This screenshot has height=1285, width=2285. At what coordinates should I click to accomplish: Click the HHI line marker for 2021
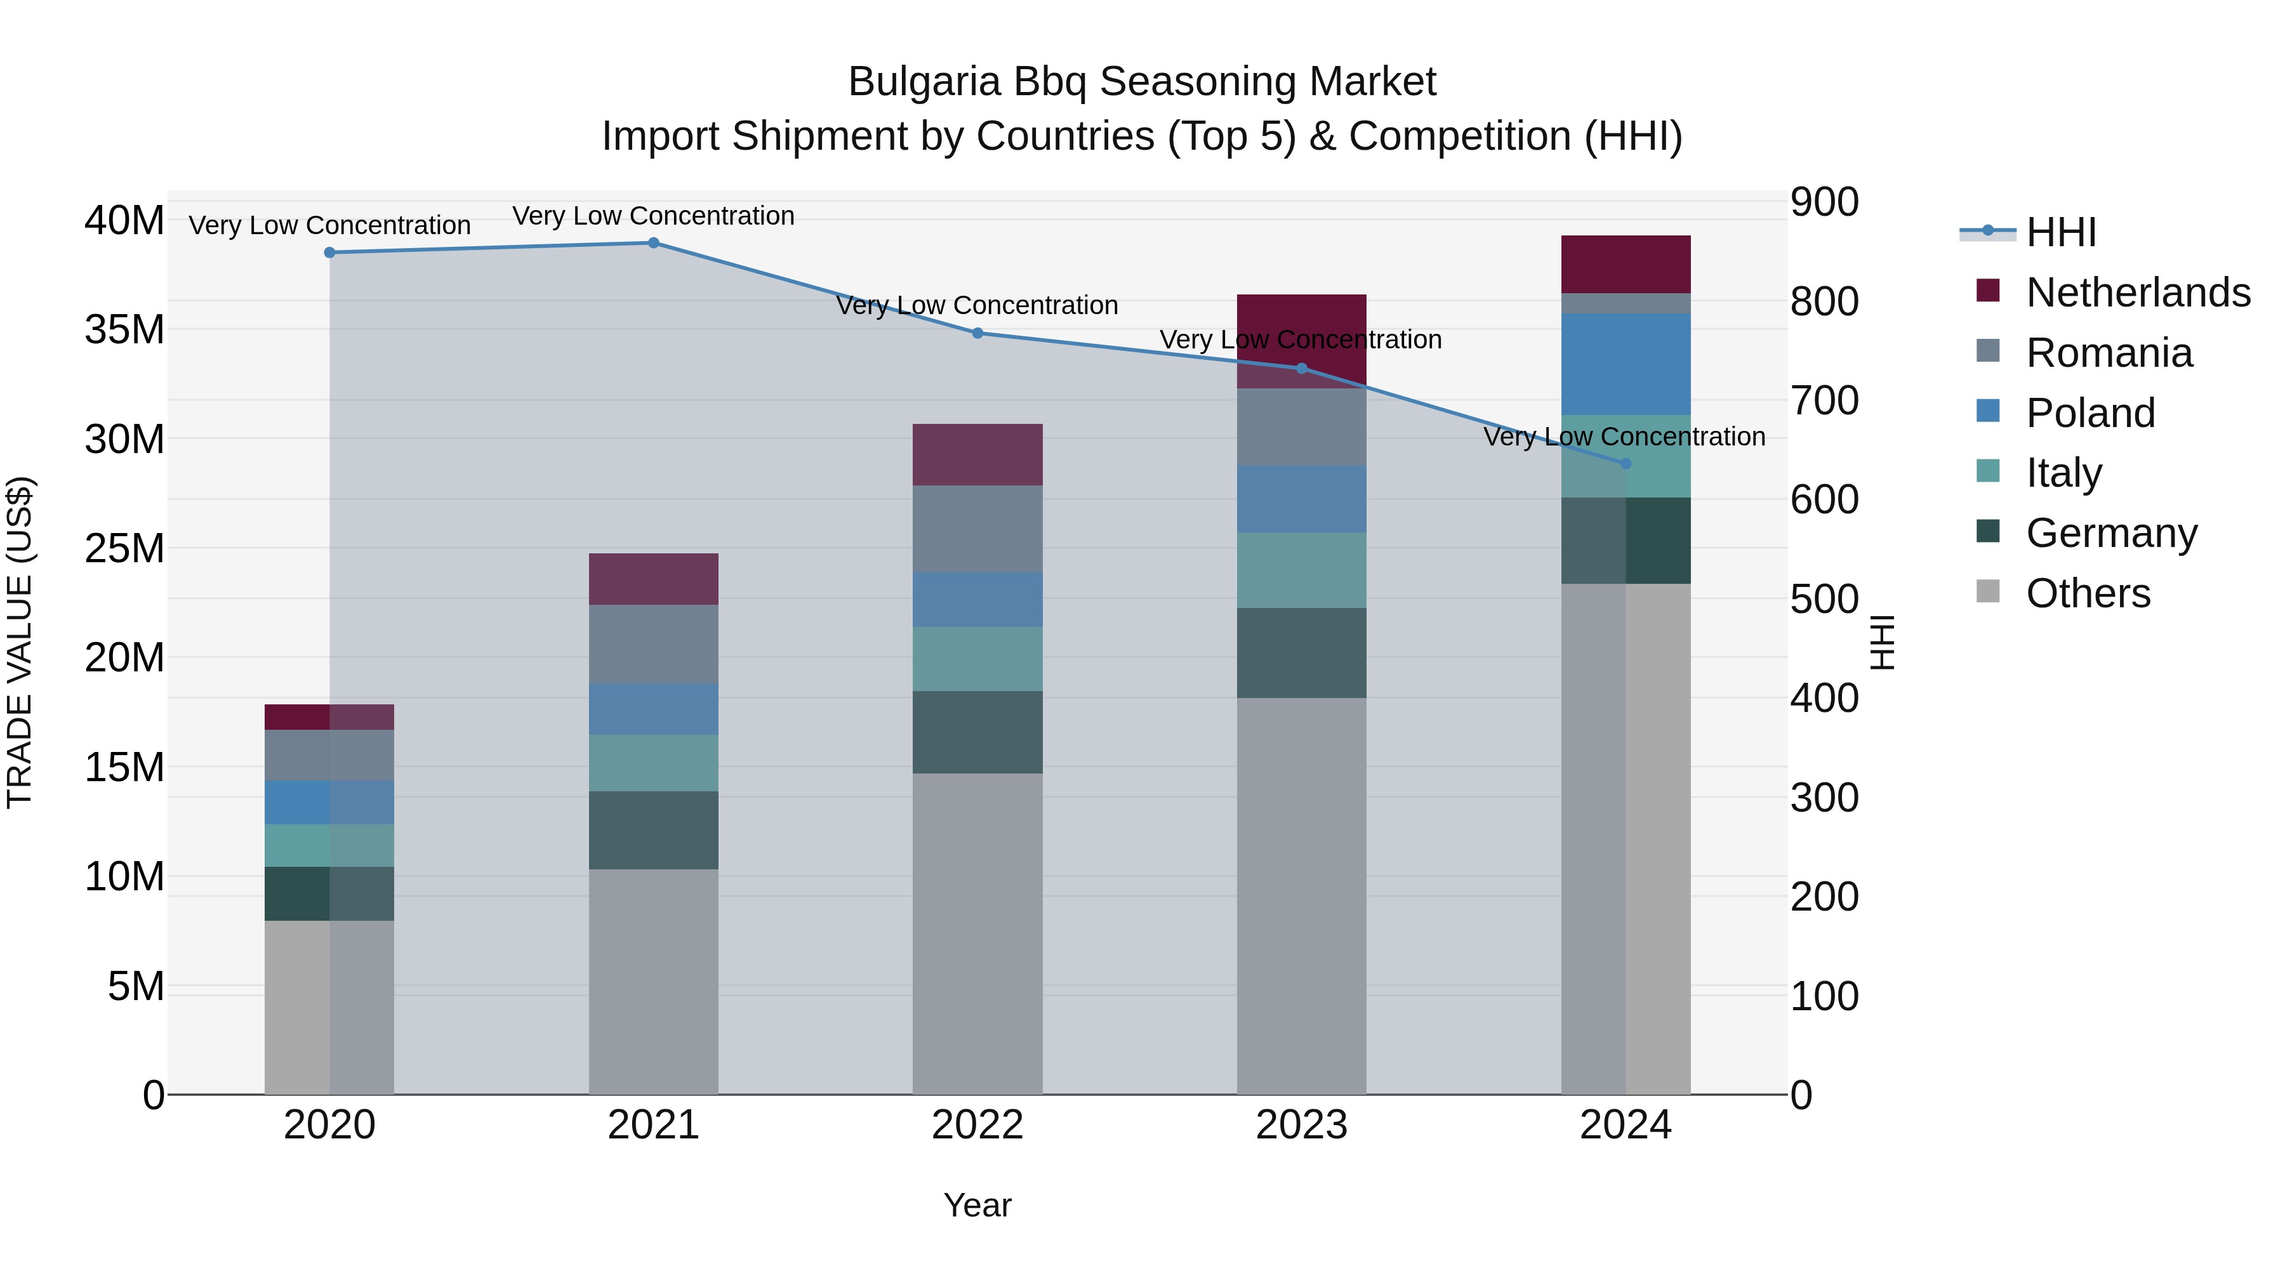point(653,243)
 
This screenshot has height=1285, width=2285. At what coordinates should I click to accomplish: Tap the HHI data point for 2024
point(1625,464)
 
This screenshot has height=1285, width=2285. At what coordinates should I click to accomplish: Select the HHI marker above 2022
point(977,333)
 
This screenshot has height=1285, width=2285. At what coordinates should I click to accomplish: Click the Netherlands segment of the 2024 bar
point(1625,264)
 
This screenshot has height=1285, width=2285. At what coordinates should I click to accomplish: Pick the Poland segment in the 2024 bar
point(1625,364)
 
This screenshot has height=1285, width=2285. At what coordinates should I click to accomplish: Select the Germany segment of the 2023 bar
point(1301,653)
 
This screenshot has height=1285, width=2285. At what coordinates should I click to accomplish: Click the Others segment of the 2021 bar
point(653,981)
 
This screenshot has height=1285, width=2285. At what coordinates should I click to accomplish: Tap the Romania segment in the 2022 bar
point(977,529)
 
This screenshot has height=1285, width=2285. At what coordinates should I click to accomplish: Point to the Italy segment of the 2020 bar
point(329,845)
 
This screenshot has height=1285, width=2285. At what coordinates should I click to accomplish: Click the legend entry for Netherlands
point(2138,293)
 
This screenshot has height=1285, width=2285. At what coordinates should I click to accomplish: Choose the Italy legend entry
point(2063,473)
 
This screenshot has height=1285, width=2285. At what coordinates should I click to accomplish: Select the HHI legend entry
point(2060,232)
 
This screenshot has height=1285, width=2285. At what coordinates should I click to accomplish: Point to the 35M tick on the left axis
point(124,330)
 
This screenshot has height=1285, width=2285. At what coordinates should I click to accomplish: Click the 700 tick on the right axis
point(1824,401)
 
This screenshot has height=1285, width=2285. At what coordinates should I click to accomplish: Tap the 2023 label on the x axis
point(1301,1125)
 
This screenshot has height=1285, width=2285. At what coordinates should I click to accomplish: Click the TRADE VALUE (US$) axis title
point(20,642)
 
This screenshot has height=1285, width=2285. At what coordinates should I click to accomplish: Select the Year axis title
point(977,1205)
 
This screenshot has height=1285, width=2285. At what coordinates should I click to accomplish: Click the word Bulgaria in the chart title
point(924,82)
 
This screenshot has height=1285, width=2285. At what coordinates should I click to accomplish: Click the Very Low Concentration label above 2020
point(329,225)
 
